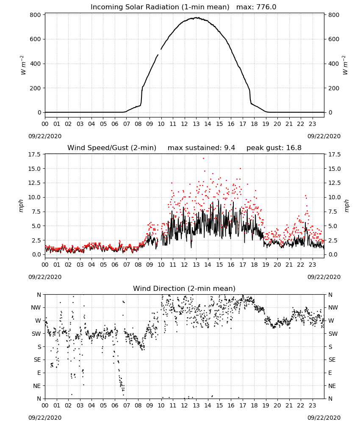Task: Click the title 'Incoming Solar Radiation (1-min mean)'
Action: [160, 7]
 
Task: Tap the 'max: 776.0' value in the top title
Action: [256, 7]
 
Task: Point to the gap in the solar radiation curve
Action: [160, 52]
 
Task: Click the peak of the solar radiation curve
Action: [197, 18]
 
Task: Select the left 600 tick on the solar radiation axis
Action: [36, 39]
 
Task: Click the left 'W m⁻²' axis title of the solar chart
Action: [23, 65]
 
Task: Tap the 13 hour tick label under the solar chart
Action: [196, 124]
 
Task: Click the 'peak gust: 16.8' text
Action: [274, 148]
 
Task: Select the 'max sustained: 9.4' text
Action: [201, 148]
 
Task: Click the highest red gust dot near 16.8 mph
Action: [204, 159]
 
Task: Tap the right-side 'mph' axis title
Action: [346, 206]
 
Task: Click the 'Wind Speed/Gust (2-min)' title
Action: [112, 148]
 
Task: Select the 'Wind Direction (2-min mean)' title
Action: [184, 288]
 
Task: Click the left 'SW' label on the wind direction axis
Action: [36, 334]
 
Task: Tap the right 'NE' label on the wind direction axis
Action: [332, 386]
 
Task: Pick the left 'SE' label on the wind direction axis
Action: [37, 360]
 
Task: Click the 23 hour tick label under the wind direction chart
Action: [313, 405]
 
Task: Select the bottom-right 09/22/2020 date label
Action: [324, 418]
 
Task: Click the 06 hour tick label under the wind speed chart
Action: [115, 265]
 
